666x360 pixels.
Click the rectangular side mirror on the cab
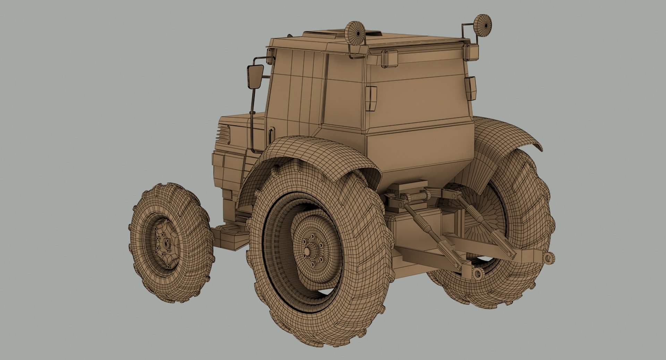pyautogui.click(x=255, y=77)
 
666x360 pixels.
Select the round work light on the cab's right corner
pyautogui.click(x=483, y=25)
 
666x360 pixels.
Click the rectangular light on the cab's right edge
pyautogui.click(x=471, y=88)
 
